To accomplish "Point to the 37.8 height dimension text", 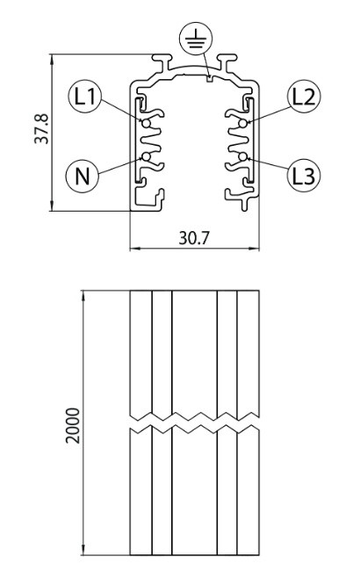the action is tap(41, 128).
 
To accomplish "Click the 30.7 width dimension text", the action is tap(194, 238).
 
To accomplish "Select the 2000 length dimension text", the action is tap(72, 425).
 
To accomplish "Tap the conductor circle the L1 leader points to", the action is tap(146, 124).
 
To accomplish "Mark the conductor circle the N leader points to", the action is tap(146, 157).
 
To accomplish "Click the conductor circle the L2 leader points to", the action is tap(243, 124).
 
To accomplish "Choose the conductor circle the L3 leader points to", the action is tap(243, 157).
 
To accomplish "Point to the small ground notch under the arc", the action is tap(209, 78).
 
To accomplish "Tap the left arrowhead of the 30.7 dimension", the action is tap(135, 249).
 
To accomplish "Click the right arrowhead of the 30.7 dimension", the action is tap(254, 249).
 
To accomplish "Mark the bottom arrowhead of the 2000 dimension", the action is tap(83, 550).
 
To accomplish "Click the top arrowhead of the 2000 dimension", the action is tap(83, 296).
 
